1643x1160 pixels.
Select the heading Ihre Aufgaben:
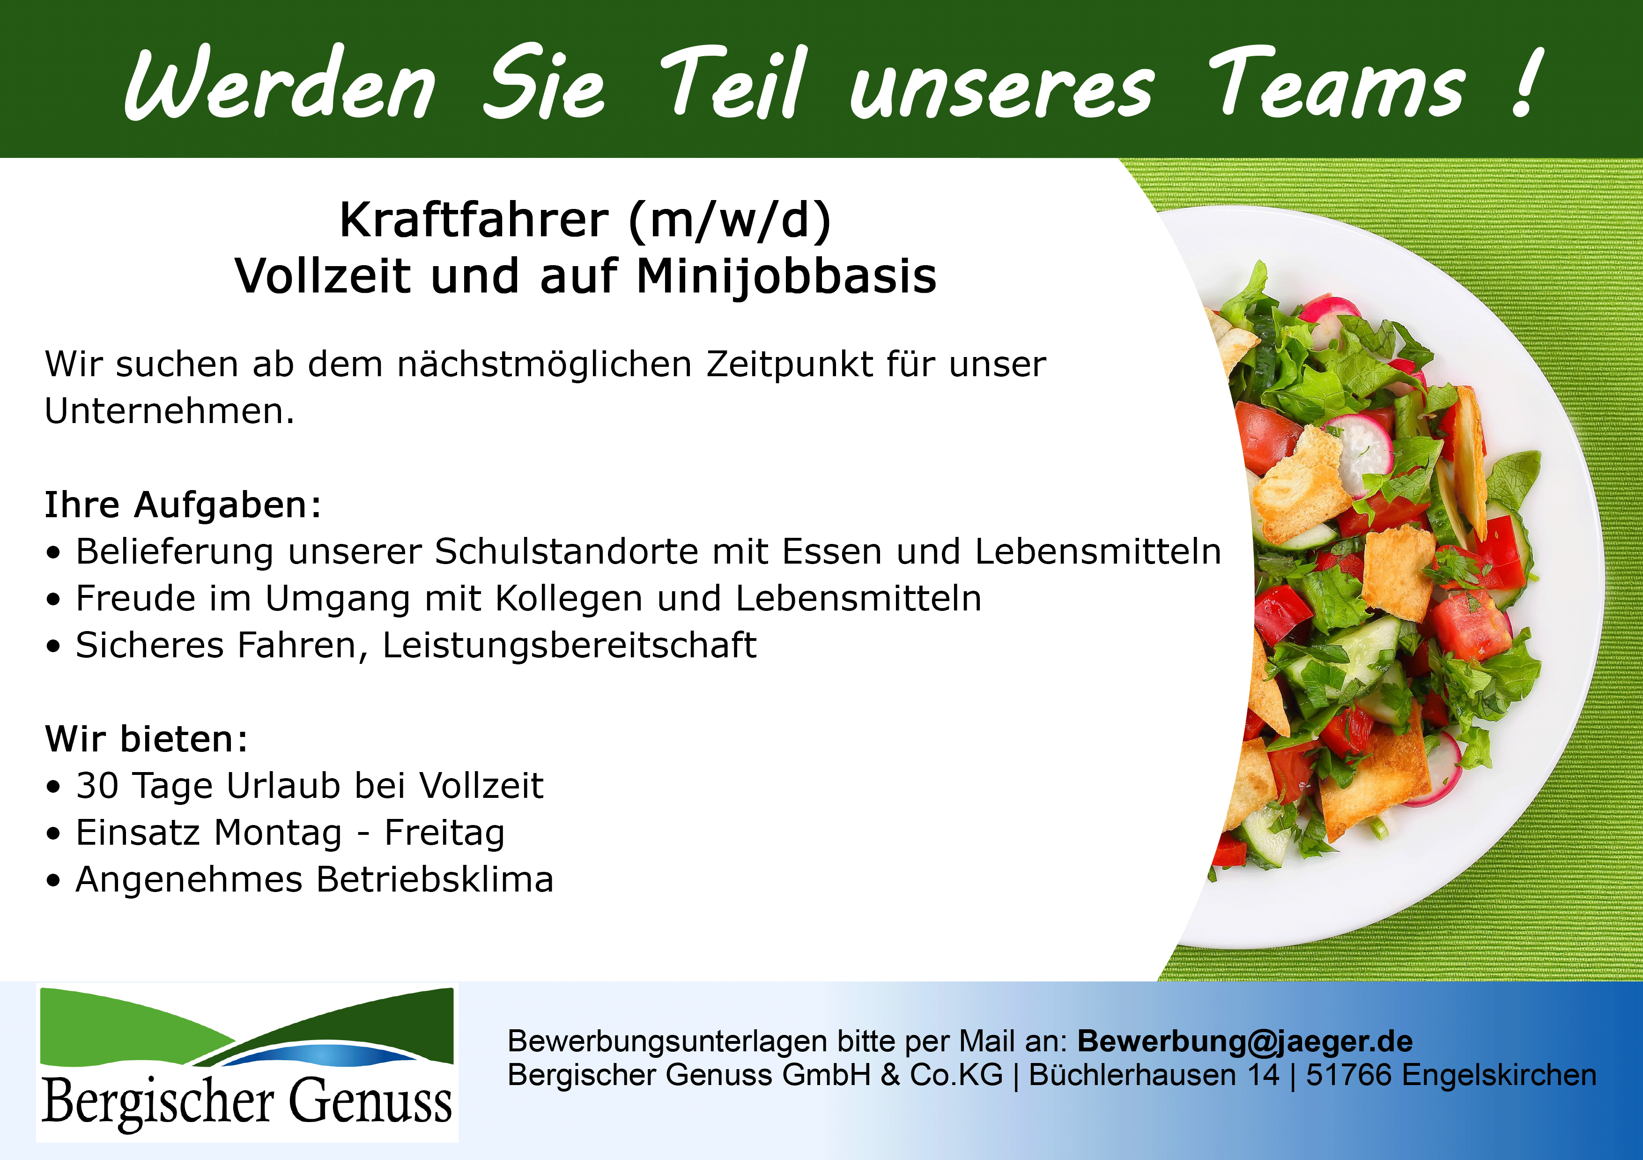coord(183,505)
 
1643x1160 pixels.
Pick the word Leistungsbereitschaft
coord(570,646)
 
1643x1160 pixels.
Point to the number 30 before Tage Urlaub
coord(97,786)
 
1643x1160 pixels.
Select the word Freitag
coord(444,833)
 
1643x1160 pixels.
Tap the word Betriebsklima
coord(435,879)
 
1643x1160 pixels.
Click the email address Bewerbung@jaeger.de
coord(1245,1041)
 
